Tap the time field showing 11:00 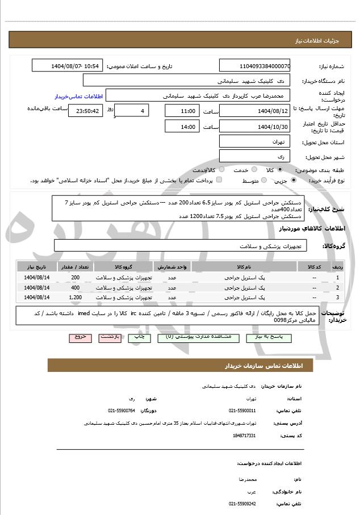coord(182,111)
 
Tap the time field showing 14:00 coord(182,127)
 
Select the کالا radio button coord(279,170)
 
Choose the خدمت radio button coord(253,170)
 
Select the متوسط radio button coord(264,181)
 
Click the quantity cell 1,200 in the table coord(75,297)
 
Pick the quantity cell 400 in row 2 coord(75,287)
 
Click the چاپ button coord(141,337)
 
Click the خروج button coord(81,337)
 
